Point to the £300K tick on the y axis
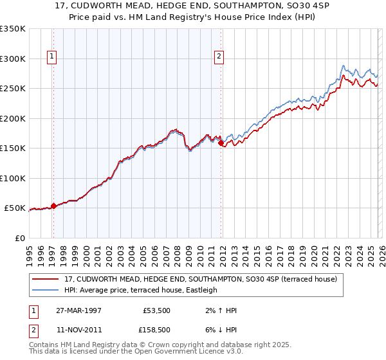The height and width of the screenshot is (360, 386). coord(13,59)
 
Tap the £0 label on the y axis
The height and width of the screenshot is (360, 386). coord(19,238)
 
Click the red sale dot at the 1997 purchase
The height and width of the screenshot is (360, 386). coord(53,206)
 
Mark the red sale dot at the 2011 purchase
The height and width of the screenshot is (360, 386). coord(221,143)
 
